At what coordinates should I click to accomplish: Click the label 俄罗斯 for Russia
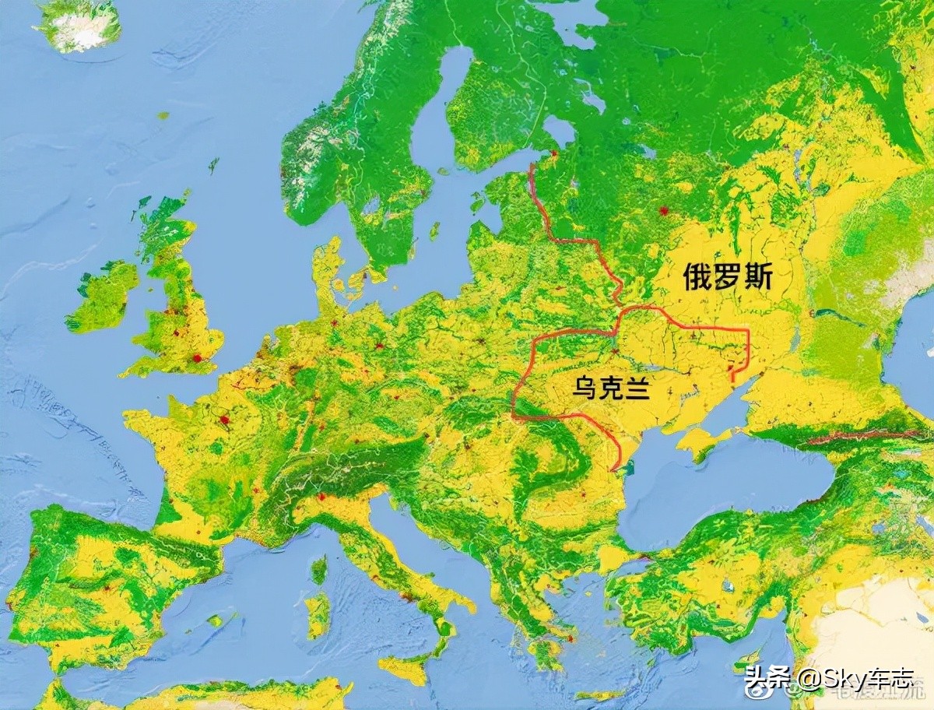728,277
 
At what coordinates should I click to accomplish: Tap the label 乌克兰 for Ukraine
611,387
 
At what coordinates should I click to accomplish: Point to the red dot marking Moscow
663,210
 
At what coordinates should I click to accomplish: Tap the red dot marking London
196,358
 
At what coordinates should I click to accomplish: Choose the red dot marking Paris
225,420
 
